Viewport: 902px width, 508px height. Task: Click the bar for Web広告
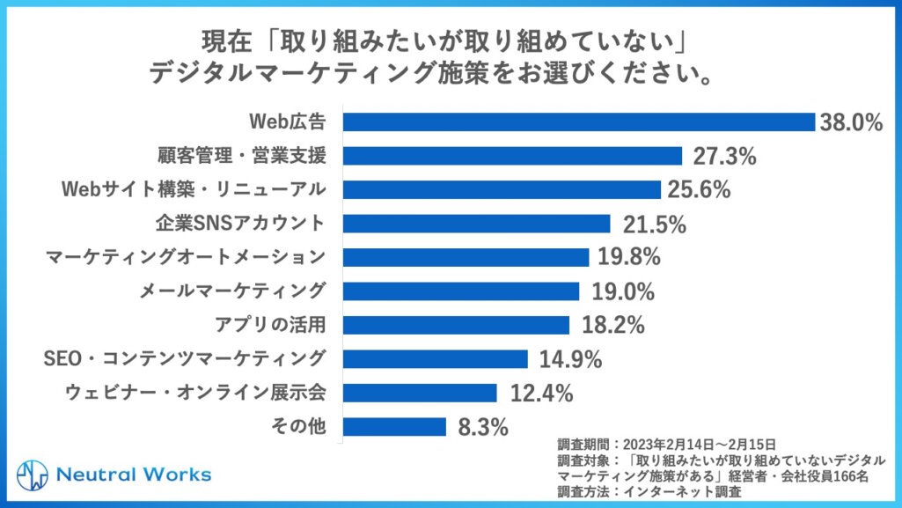tap(578, 121)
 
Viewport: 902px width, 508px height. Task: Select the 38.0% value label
tap(850, 122)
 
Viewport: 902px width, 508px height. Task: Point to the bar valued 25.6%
tap(502, 189)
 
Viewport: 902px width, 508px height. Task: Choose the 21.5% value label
tap(653, 224)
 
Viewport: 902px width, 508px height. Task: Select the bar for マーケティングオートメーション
tap(466, 257)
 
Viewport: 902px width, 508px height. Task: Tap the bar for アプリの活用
tap(457, 325)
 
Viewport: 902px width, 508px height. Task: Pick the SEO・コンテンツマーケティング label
tap(185, 358)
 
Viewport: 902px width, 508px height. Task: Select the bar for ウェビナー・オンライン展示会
tap(420, 393)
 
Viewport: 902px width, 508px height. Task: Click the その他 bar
tap(394, 426)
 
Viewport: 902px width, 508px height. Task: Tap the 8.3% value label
tap(483, 428)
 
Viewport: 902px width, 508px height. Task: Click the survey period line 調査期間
tap(665, 442)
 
